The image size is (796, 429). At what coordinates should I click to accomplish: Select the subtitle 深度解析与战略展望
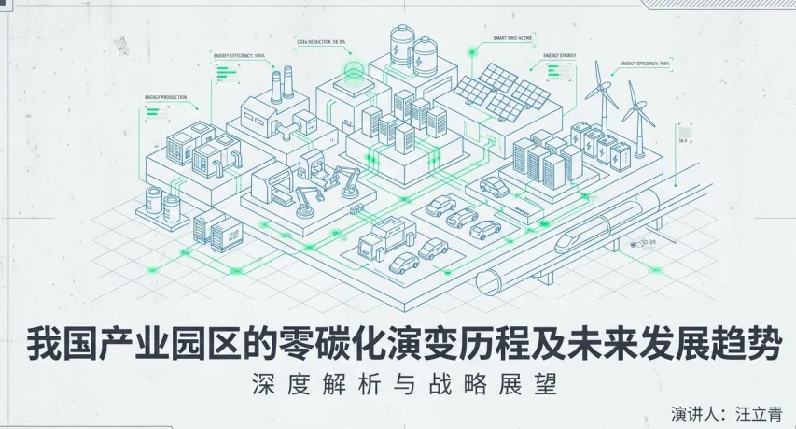click(398, 383)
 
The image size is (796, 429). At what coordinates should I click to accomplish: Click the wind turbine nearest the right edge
click(639, 117)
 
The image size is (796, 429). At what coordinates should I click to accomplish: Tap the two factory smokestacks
click(282, 86)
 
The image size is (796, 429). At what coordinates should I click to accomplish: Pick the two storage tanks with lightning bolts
click(413, 50)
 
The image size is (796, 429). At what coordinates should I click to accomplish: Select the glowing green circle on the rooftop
click(355, 72)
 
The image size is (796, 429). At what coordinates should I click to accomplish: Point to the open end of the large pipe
click(489, 281)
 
